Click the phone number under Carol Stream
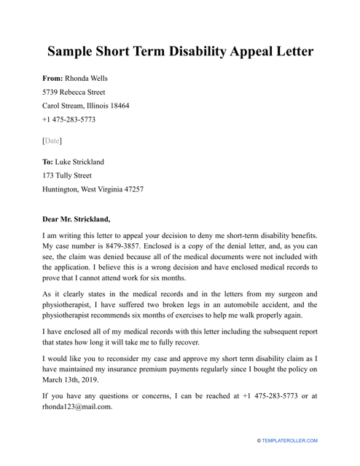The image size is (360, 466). coord(69,119)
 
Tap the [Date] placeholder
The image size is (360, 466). coord(52,140)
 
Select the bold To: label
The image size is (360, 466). coord(49,162)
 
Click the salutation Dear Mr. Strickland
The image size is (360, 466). coord(77,218)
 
